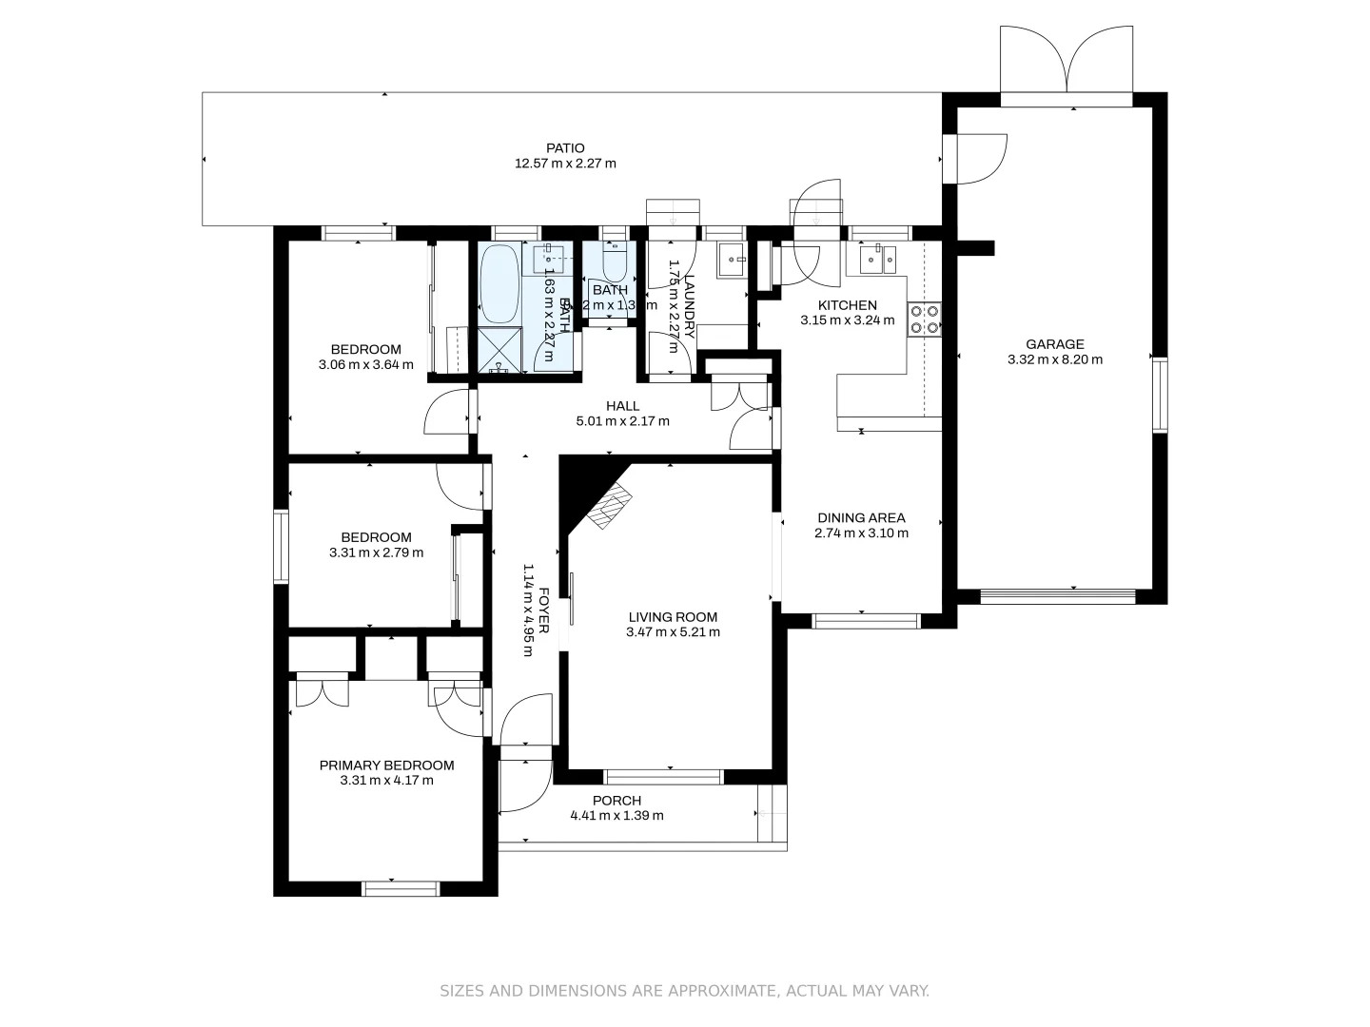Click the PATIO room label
(x=565, y=148)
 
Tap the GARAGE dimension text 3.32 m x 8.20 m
(x=1054, y=360)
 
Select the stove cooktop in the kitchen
(x=925, y=319)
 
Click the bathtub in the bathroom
(x=499, y=284)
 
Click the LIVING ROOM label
(x=673, y=617)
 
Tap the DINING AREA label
(x=861, y=518)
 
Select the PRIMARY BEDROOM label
(x=386, y=765)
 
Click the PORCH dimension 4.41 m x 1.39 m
(x=616, y=816)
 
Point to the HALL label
(x=623, y=406)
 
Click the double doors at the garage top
(x=1067, y=60)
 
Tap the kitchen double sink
(x=877, y=258)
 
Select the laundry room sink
(x=731, y=258)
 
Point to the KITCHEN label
(x=847, y=305)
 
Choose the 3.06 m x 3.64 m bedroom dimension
(x=366, y=364)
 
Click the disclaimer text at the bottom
(x=684, y=991)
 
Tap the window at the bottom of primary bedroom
(x=401, y=889)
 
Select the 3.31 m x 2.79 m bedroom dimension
(x=376, y=552)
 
